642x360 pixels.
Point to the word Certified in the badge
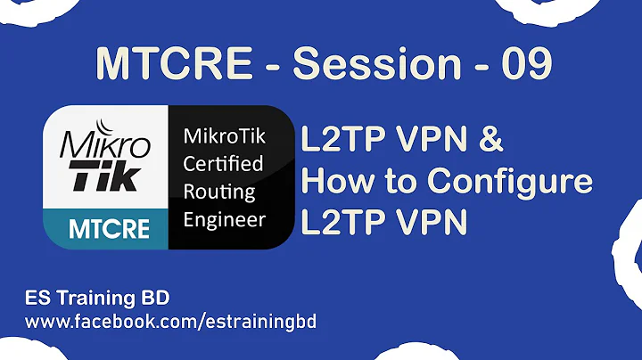[x=222, y=165]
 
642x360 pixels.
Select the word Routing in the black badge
[x=218, y=191]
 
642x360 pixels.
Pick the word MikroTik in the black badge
[x=224, y=139]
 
